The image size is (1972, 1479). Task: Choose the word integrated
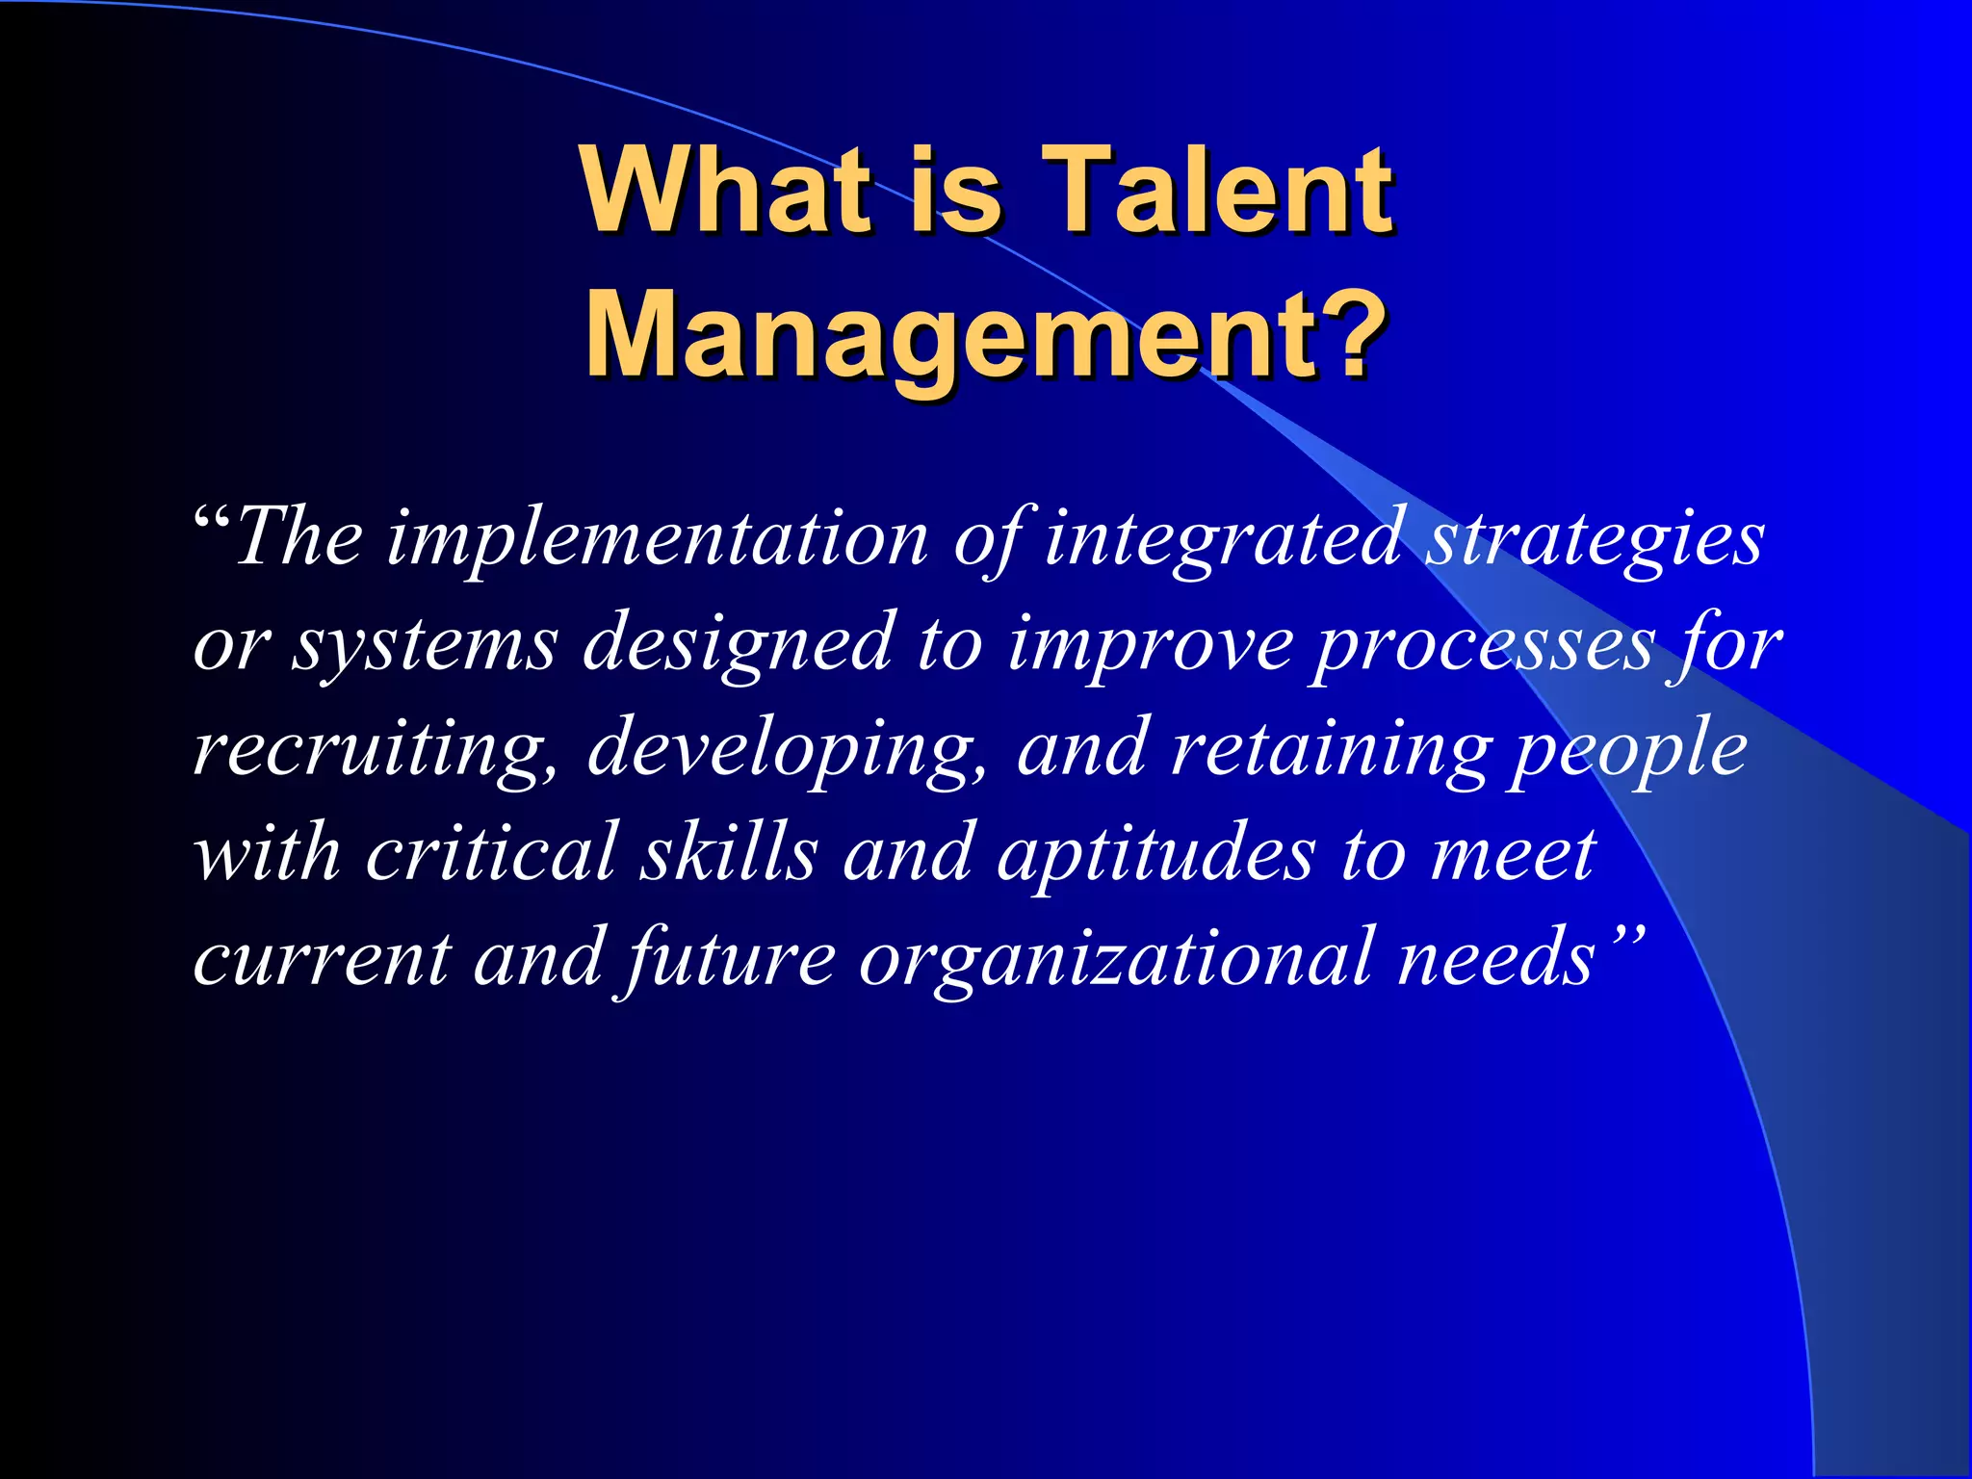(1222, 539)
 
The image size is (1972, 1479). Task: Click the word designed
(738, 643)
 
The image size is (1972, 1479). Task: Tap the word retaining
(1330, 750)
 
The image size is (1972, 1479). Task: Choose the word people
(1628, 750)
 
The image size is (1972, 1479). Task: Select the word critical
(491, 853)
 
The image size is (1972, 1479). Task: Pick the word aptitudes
(1155, 855)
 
